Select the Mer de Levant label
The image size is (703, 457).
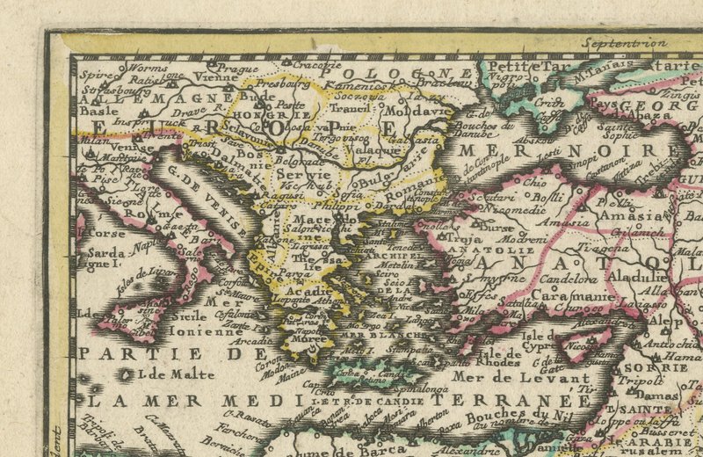(x=519, y=380)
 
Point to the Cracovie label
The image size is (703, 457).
(x=316, y=64)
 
